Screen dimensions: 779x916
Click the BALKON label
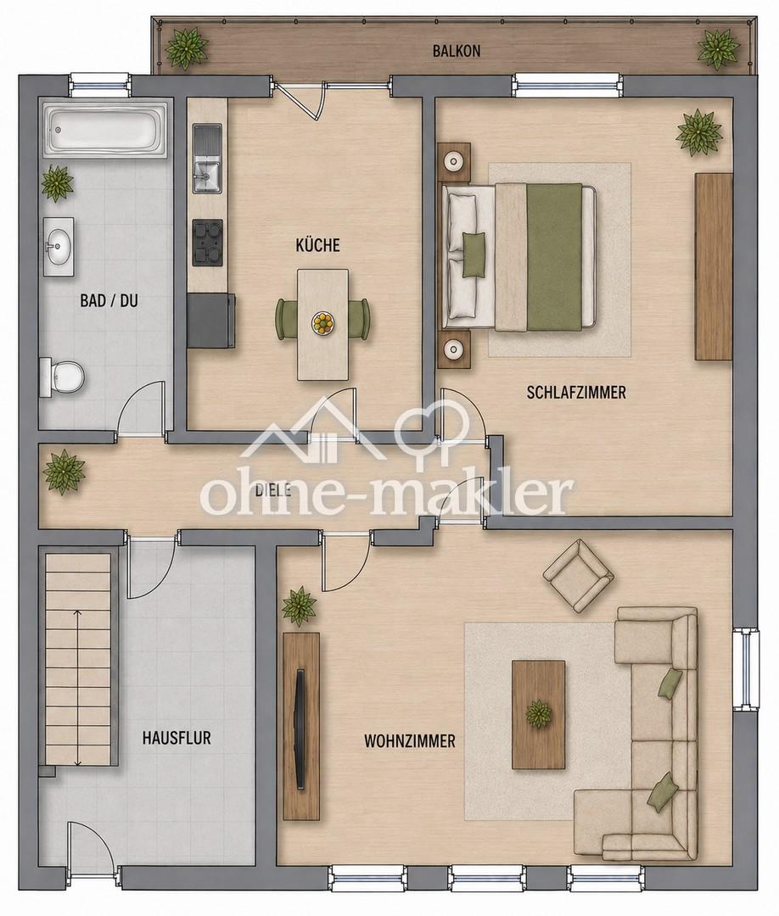(457, 51)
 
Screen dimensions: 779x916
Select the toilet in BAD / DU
(62, 377)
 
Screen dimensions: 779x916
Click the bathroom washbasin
(59, 247)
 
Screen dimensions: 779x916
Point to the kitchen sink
(207, 159)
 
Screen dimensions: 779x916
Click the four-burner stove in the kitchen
(207, 242)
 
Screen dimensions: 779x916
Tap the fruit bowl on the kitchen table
(323, 323)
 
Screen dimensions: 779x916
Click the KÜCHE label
(317, 245)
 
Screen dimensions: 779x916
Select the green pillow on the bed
(474, 254)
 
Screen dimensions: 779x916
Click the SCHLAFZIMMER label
(576, 392)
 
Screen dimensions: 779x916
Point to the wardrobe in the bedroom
(714, 266)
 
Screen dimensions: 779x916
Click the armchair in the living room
(578, 575)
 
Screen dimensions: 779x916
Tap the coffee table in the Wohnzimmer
(538, 714)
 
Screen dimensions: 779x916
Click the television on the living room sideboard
(300, 729)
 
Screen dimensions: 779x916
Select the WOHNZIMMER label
(410, 741)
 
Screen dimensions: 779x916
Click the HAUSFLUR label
(177, 738)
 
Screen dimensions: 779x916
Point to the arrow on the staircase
(78, 687)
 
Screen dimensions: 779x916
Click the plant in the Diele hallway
(63, 472)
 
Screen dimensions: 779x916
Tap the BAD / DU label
(109, 301)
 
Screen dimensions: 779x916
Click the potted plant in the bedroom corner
(698, 132)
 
